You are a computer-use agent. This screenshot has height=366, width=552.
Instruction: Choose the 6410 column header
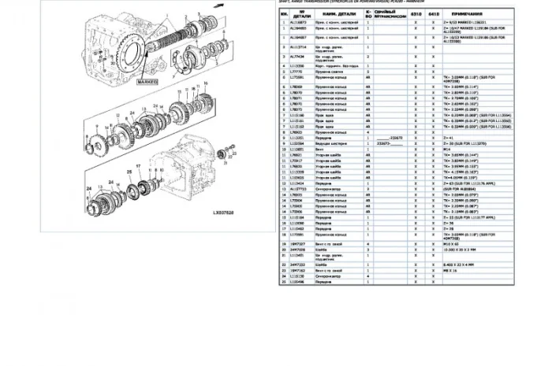pos(434,13)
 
